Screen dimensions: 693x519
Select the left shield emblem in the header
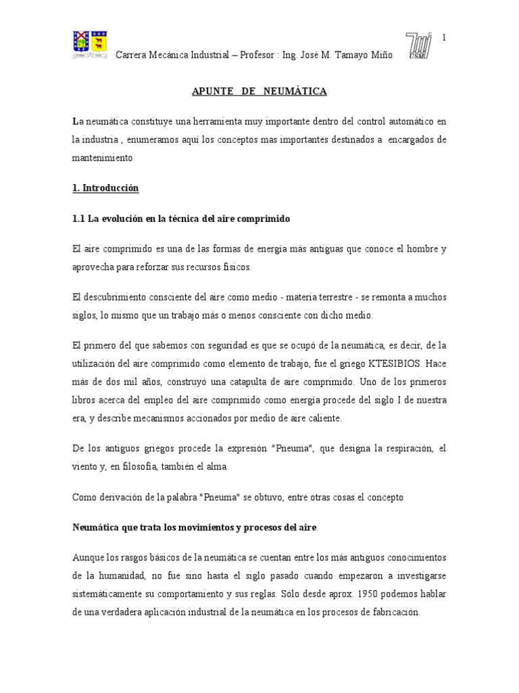pyautogui.click(x=81, y=44)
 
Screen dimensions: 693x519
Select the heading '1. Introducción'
pyautogui.click(x=105, y=188)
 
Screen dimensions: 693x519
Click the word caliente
pyautogui.click(x=320, y=418)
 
